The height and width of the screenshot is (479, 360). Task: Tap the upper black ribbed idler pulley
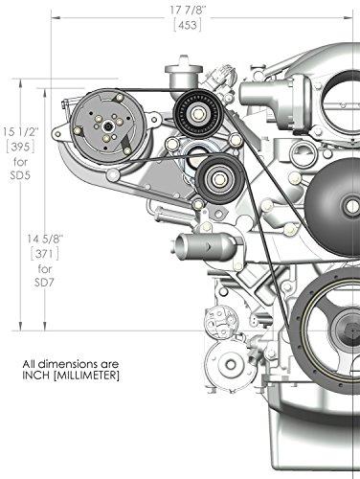pos(199,113)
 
